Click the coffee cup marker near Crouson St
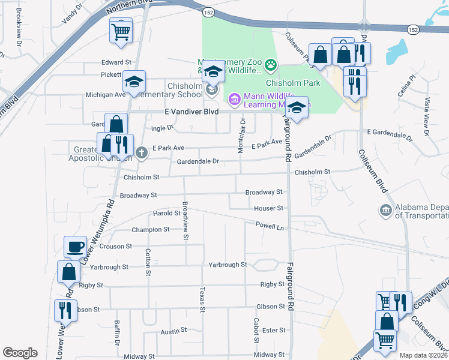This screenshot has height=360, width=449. click(76, 247)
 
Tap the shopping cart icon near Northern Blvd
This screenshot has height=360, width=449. click(121, 31)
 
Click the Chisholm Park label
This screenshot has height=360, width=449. click(293, 83)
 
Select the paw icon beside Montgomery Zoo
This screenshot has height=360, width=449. click(271, 62)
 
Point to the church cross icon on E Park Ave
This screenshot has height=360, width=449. click(141, 152)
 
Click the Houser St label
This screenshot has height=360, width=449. click(268, 208)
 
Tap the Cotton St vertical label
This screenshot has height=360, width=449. click(147, 262)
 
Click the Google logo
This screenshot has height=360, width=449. click(20, 353)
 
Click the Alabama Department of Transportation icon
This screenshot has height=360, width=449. click(385, 210)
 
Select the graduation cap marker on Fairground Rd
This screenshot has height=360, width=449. click(296, 108)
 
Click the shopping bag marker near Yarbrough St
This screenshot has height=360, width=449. click(69, 272)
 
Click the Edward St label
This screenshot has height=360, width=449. click(116, 62)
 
